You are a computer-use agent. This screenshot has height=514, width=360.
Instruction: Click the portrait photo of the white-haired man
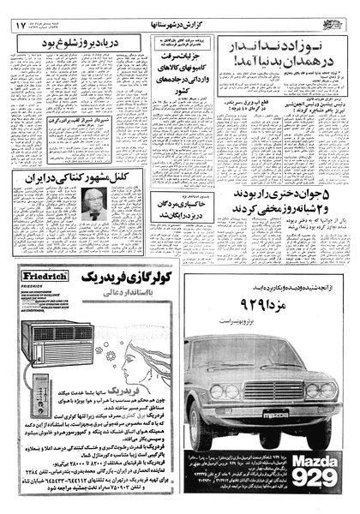pos(93,205)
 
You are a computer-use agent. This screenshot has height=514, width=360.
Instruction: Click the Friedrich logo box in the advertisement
pos(39,279)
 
